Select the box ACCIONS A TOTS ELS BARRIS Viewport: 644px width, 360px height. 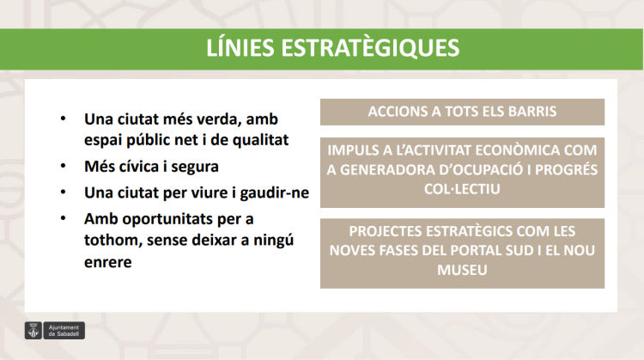pyautogui.click(x=462, y=112)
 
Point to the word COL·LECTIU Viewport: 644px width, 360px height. pyautogui.click(x=462, y=187)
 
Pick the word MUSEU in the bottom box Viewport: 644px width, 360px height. pyautogui.click(x=462, y=270)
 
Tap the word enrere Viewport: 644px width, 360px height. pyautogui.click(x=107, y=262)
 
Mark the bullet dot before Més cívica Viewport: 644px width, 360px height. pyautogui.click(x=62, y=165)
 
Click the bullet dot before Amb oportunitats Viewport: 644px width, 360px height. pyautogui.click(x=62, y=218)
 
